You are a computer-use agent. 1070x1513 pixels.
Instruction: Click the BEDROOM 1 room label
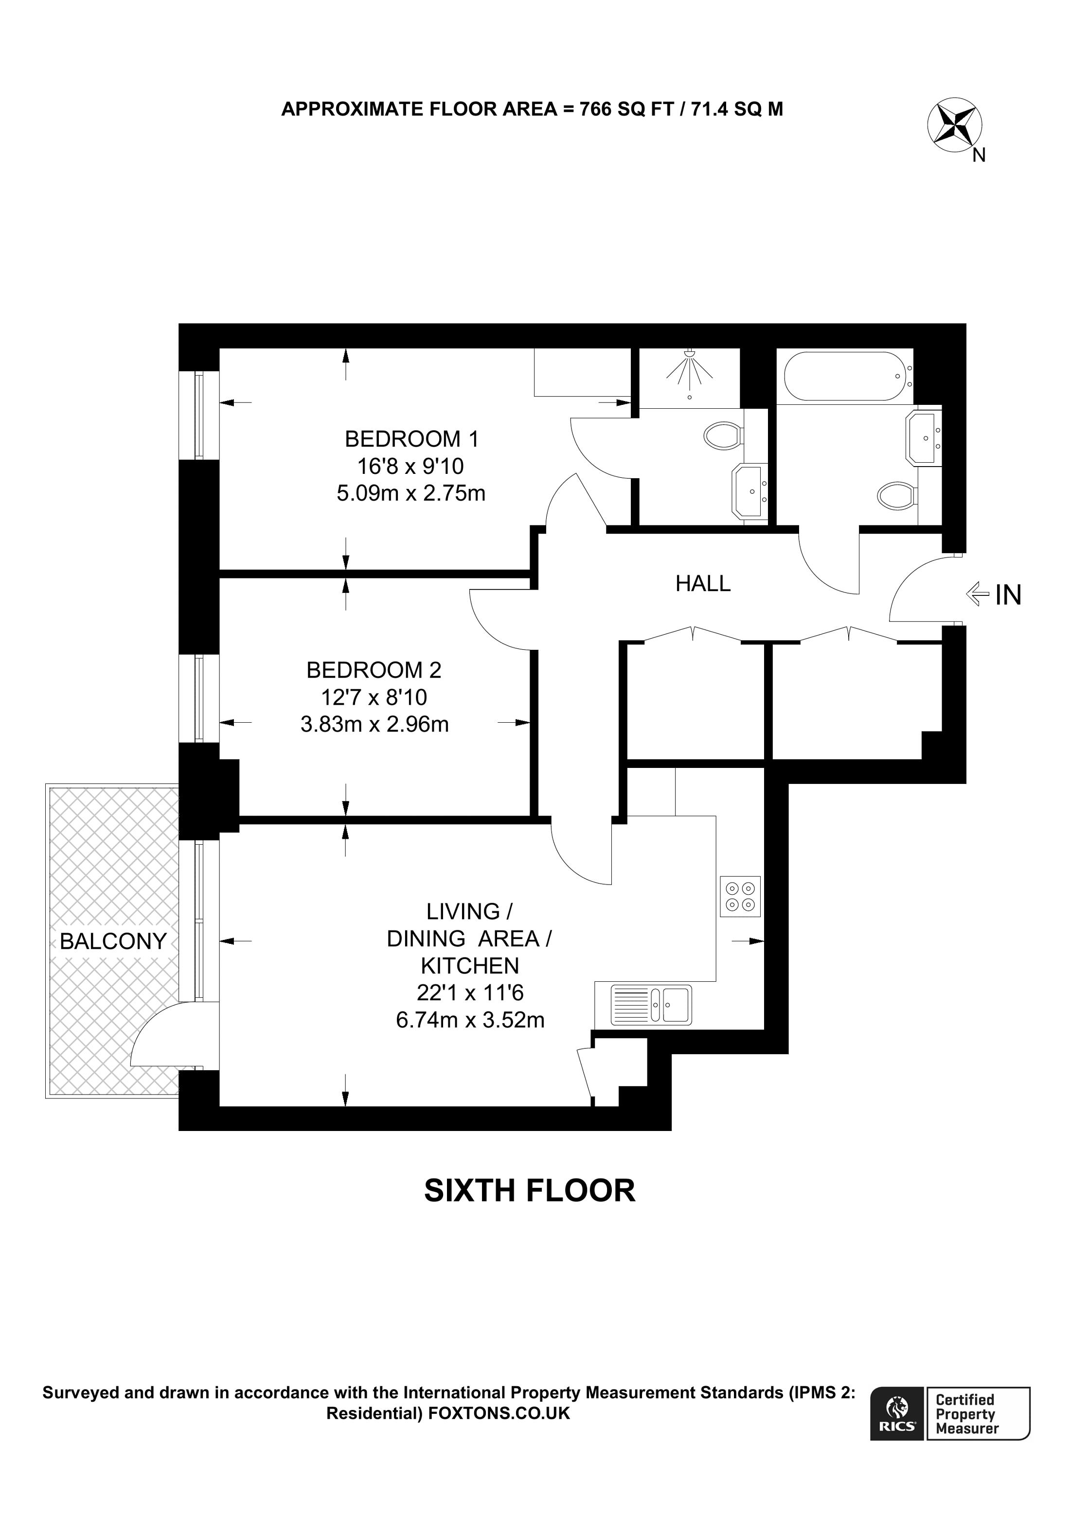[x=411, y=439]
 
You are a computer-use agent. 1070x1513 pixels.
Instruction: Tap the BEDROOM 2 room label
[x=374, y=670]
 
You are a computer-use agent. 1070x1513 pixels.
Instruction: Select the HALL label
[x=703, y=584]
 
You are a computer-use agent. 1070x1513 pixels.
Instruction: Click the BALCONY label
[x=113, y=941]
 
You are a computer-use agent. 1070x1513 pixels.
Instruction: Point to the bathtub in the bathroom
[x=846, y=376]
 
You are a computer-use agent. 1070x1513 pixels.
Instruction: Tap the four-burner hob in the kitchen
[x=740, y=896]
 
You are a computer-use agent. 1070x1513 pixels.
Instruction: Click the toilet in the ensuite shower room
[x=723, y=435]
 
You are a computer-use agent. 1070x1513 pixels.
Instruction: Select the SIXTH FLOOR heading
[x=529, y=1191]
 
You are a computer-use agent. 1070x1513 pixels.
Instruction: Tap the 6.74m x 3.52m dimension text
[x=470, y=1020]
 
